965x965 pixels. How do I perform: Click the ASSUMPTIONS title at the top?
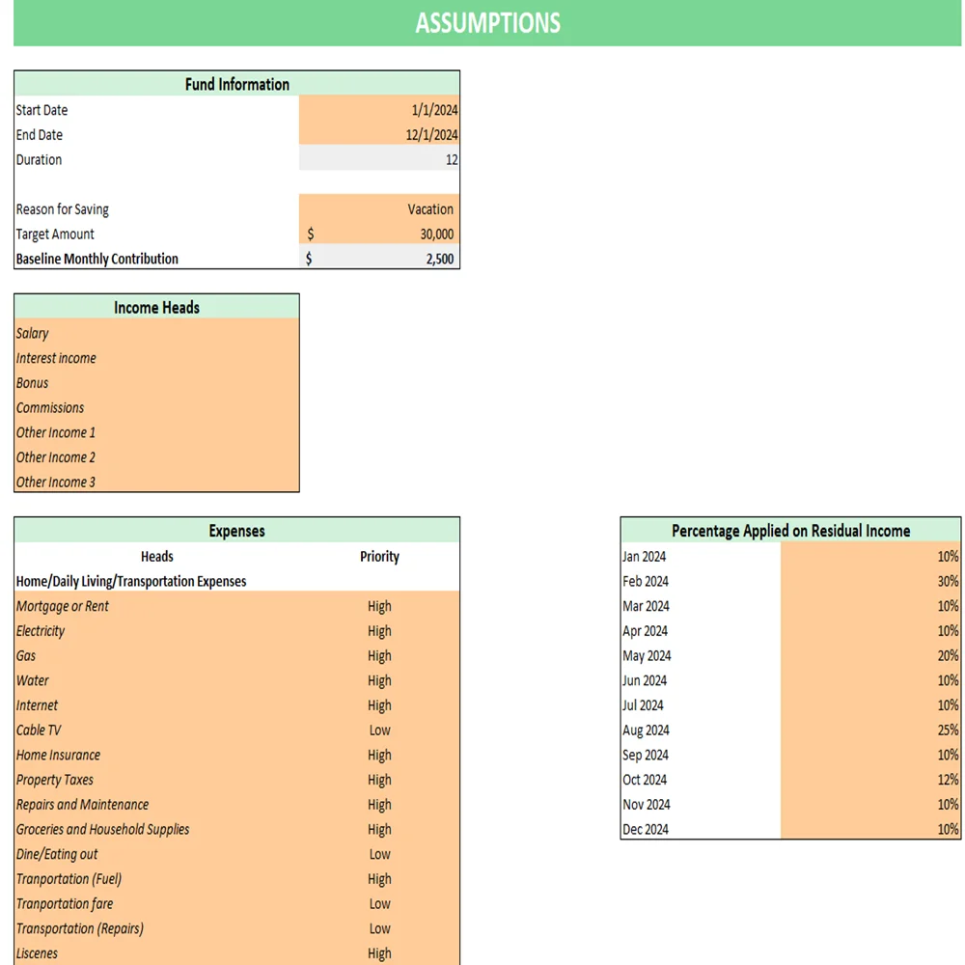click(x=487, y=23)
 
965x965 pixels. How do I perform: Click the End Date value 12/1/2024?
click(x=431, y=135)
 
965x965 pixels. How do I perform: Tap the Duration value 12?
click(x=451, y=160)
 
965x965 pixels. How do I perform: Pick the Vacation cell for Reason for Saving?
click(x=430, y=209)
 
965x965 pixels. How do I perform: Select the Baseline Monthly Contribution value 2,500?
click(x=439, y=259)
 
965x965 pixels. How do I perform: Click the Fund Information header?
click(x=236, y=84)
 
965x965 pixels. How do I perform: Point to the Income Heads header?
click(x=156, y=308)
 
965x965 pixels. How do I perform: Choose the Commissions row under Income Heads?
click(x=50, y=408)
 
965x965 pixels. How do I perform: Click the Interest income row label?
click(x=56, y=358)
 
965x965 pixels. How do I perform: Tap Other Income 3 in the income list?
click(x=56, y=482)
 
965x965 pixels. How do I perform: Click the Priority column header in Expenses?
click(x=379, y=557)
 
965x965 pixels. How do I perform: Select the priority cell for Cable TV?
click(x=379, y=731)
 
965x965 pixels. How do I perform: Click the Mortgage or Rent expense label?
click(x=63, y=607)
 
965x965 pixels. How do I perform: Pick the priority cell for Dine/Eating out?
click(x=379, y=855)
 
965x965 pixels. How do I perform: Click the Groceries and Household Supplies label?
click(x=102, y=830)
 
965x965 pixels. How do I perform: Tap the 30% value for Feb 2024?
click(x=947, y=582)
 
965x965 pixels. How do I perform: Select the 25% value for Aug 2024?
click(x=947, y=731)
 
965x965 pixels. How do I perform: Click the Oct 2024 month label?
click(x=645, y=780)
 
